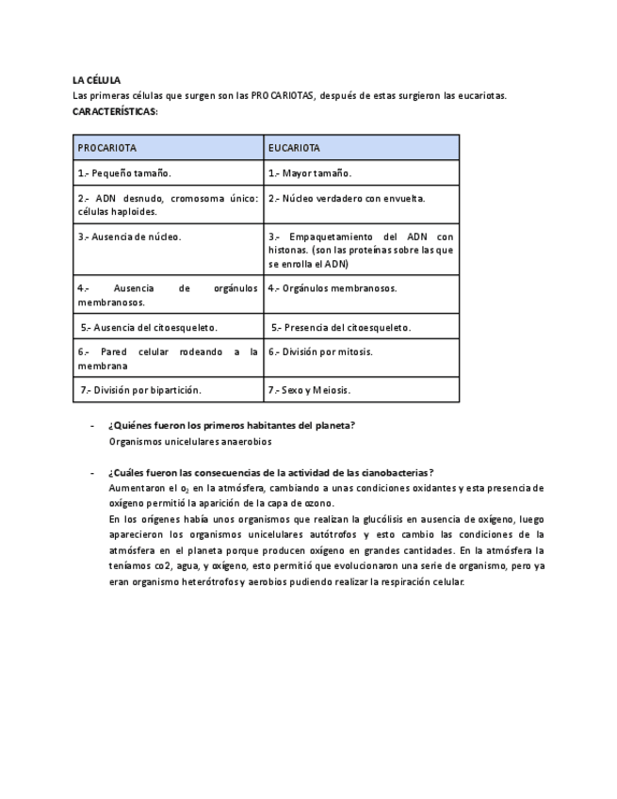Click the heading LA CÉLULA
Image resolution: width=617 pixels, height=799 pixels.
tap(96, 80)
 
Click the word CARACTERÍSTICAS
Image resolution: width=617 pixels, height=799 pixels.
tap(114, 111)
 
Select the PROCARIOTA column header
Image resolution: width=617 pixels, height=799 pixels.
tap(106, 148)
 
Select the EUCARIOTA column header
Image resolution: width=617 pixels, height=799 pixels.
tap(294, 148)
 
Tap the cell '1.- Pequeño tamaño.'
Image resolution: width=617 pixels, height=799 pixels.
tap(124, 173)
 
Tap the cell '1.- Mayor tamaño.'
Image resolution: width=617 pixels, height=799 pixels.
tap(310, 173)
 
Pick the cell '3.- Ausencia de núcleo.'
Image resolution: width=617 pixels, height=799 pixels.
tap(129, 236)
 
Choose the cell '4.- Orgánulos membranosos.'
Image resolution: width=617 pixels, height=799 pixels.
tap(333, 288)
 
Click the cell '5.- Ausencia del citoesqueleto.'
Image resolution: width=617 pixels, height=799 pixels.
tap(149, 327)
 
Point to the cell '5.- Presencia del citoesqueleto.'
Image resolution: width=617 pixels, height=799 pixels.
tap(341, 327)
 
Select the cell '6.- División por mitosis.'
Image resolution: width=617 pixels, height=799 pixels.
tap(320, 351)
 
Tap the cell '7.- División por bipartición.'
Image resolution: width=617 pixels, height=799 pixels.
tap(140, 389)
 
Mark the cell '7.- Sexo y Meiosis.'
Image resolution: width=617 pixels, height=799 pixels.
tap(309, 389)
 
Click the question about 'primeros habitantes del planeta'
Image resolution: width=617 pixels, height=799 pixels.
tap(231, 425)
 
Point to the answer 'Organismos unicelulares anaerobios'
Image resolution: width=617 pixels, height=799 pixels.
tap(189, 441)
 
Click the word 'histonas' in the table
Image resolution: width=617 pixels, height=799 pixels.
tap(287, 251)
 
